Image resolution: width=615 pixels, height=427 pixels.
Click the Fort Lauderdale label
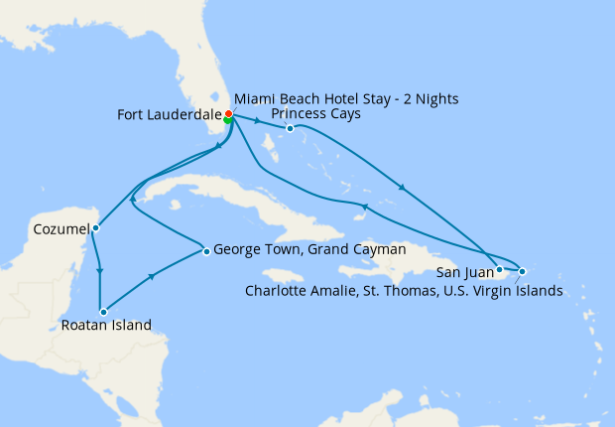coord(169,114)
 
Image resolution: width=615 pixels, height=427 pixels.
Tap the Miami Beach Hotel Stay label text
coord(346,99)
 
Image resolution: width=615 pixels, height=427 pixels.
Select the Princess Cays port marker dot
coord(290,128)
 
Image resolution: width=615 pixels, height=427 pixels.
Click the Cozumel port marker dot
coord(95,228)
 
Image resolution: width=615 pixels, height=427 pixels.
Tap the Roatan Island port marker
coord(102,312)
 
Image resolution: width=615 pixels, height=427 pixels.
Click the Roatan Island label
coord(106,325)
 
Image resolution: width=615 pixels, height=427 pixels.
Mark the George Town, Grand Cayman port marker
coord(205,251)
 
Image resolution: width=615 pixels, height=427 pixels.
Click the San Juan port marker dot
coord(499,269)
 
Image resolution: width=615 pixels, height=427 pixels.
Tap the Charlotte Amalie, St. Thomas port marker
coord(522,271)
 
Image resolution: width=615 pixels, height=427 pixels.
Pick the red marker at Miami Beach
coord(228,114)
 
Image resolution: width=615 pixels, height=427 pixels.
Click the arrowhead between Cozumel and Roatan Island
coord(99,270)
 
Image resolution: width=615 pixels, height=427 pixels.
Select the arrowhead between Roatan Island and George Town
coord(151,279)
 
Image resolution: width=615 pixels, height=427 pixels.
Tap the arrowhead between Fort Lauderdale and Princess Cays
coord(259,122)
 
